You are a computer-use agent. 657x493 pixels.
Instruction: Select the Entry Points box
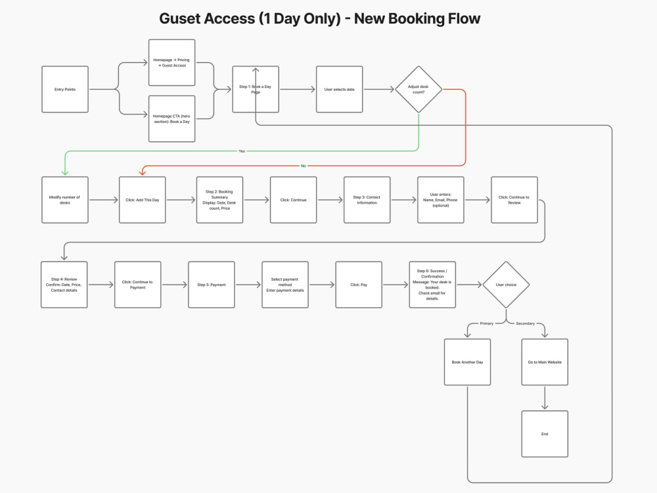tap(65, 89)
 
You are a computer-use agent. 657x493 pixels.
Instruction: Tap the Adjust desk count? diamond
tap(419, 89)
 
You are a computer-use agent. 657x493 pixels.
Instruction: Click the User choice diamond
tap(506, 285)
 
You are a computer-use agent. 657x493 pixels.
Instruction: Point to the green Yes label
tap(242, 151)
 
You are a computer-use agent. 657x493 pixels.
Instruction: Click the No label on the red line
tap(304, 166)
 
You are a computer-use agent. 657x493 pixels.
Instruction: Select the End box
tap(545, 434)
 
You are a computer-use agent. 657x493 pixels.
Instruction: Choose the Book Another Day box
tap(467, 362)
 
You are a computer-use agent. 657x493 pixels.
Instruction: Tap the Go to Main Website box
tap(545, 362)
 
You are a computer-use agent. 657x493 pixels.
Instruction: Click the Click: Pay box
tap(359, 285)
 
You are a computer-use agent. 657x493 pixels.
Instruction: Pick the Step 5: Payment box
tap(211, 285)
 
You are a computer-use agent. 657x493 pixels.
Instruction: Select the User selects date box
tap(340, 89)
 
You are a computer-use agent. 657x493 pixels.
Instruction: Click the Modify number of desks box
tap(65, 200)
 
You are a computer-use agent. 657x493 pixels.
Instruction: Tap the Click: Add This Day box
tap(143, 200)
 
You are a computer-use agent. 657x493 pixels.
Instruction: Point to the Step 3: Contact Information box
tap(367, 200)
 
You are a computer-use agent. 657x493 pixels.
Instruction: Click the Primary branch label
tap(486, 323)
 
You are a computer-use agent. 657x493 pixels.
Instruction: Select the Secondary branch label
tap(526, 323)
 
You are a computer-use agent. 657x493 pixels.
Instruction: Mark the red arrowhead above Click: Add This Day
tap(143, 172)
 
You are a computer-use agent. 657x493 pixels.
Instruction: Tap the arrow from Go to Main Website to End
tap(545, 398)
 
